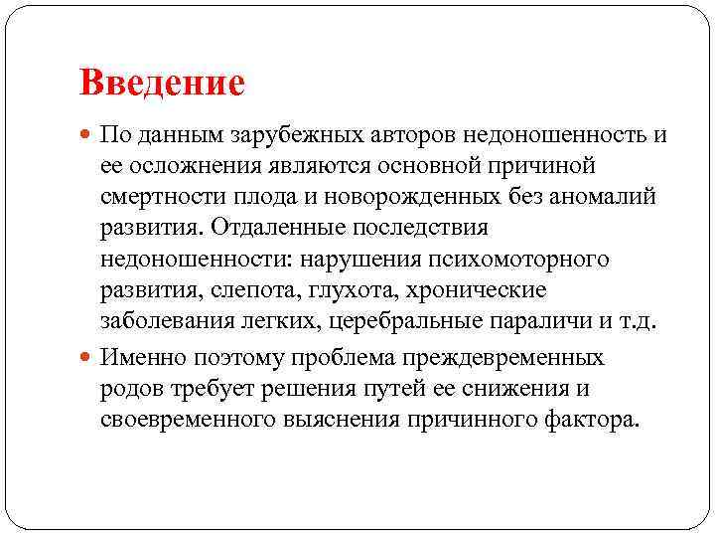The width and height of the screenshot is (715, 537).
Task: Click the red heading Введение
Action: coord(162,83)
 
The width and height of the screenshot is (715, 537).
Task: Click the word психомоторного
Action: coord(531,260)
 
